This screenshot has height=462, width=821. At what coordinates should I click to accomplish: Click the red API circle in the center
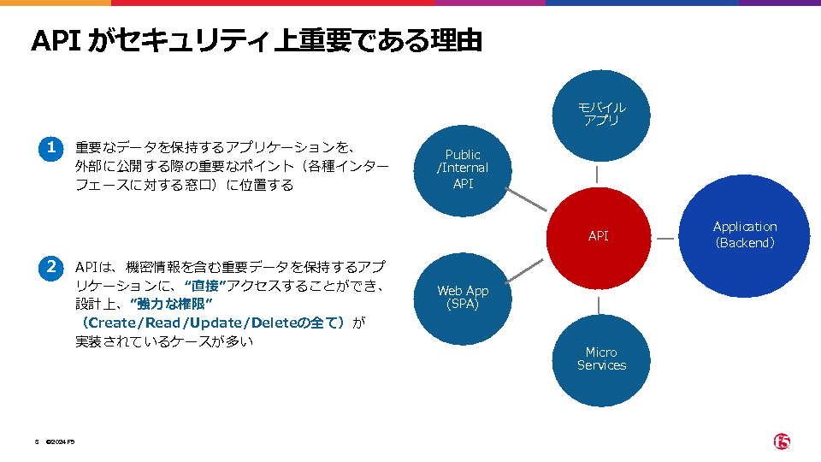tap(599, 237)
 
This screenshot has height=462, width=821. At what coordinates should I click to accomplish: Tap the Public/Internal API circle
tap(463, 169)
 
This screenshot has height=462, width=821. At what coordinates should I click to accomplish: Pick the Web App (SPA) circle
tap(463, 298)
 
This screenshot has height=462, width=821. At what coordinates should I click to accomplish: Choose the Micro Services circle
tap(601, 359)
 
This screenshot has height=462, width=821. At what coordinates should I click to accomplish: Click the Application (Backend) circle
tap(745, 235)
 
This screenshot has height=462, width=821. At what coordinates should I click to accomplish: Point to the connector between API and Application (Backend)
tap(665, 237)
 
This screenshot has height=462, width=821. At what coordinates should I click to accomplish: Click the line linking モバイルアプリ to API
tap(599, 175)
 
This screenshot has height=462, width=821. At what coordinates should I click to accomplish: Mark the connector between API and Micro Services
tap(599, 304)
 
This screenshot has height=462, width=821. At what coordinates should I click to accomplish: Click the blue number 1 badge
tap(51, 147)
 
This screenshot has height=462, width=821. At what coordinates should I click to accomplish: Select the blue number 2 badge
tap(51, 267)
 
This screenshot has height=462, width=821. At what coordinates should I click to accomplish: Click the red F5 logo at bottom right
tap(782, 441)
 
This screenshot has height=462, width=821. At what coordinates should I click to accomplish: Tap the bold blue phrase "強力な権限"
tap(171, 305)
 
